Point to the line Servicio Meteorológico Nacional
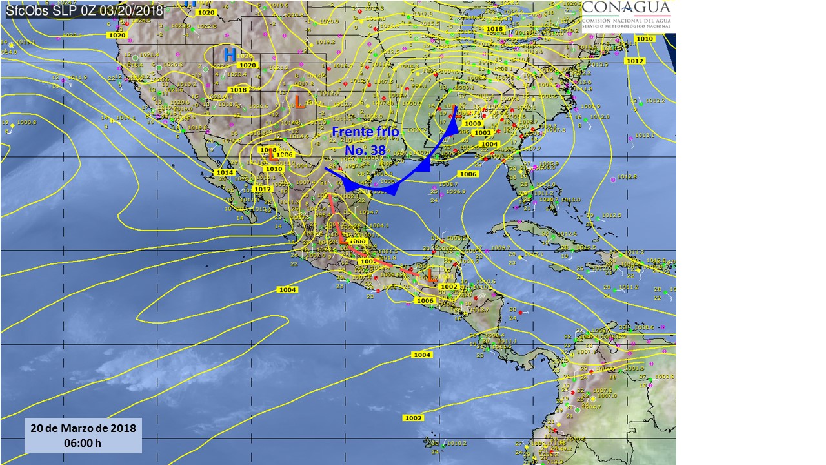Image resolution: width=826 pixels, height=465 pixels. tap(628, 26)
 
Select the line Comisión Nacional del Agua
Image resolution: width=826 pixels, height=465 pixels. tap(628, 21)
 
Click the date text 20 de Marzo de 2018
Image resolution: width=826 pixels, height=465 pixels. tap(83, 429)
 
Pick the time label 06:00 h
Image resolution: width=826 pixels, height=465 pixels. tap(83, 443)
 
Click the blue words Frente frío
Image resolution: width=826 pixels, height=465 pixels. tap(365, 132)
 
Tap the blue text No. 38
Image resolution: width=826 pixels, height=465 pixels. tap(365, 150)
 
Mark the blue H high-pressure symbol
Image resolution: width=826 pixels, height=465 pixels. tap(229, 54)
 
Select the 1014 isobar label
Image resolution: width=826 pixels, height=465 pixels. tap(225, 172)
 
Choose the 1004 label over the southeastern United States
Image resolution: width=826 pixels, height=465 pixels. tap(489, 144)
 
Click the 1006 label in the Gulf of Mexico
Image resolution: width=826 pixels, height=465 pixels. tap(467, 174)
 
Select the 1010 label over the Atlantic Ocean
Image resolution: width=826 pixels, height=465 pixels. tap(645, 39)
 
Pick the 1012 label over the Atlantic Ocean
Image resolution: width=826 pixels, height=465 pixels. tap(634, 61)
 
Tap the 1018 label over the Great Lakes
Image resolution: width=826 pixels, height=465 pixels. tap(494, 29)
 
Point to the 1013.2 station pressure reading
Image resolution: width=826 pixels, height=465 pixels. tap(654, 101)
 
